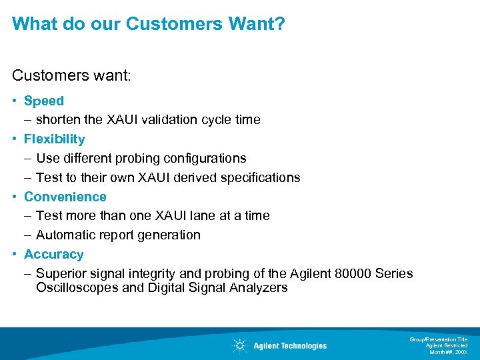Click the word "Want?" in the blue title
tap(255, 24)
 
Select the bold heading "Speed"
tap(44, 101)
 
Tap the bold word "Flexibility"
tap(55, 139)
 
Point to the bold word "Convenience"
tap(65, 197)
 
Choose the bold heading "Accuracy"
tap(54, 254)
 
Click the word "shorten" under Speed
tap(59, 120)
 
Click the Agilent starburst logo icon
tap(239, 345)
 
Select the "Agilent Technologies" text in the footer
tap(290, 345)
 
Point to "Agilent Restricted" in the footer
tap(447, 345)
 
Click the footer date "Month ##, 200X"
tap(448, 351)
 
